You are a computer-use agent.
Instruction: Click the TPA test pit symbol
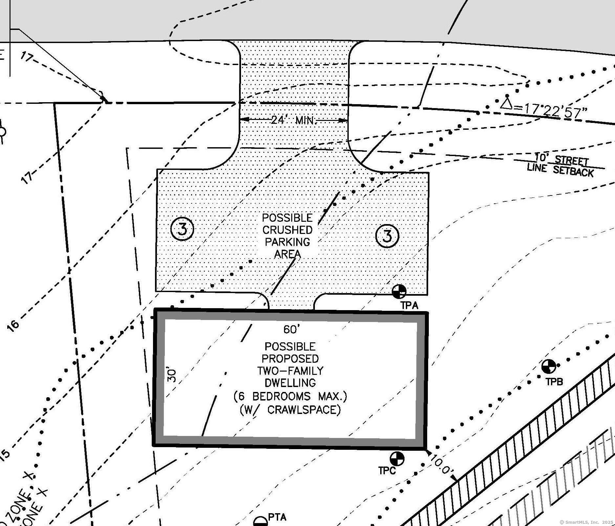(x=399, y=291)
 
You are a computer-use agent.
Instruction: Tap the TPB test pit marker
(x=548, y=367)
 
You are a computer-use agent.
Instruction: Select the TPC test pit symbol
(x=397, y=459)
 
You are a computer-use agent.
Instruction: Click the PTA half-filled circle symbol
(x=261, y=522)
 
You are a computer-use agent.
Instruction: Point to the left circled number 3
(x=183, y=229)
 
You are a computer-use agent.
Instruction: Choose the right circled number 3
(x=387, y=236)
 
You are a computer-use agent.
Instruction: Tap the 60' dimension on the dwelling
(x=291, y=329)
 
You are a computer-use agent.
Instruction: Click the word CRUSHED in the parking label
(x=287, y=230)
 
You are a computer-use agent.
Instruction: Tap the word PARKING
(x=287, y=242)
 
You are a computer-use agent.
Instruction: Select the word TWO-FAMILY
(x=290, y=371)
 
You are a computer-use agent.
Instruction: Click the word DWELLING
(x=290, y=383)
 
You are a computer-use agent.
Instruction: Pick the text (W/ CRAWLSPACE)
(x=290, y=410)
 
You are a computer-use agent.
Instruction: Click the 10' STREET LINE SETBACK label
(x=561, y=166)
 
